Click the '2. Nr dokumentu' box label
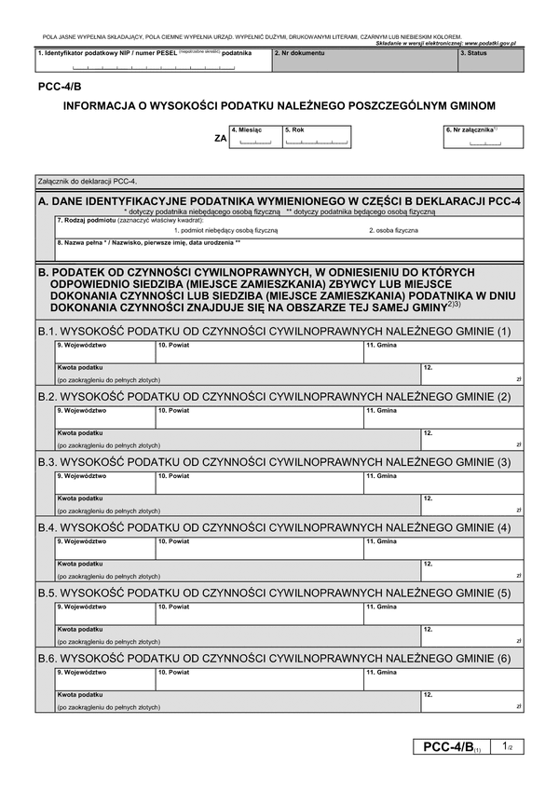click(x=300, y=54)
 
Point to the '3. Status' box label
click(x=474, y=54)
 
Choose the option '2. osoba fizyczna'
click(x=393, y=229)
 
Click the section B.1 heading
click(x=274, y=332)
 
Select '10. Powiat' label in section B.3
click(x=173, y=476)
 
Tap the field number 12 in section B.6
click(x=428, y=694)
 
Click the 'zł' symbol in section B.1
click(x=518, y=379)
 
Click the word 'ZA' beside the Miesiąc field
click(x=220, y=138)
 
